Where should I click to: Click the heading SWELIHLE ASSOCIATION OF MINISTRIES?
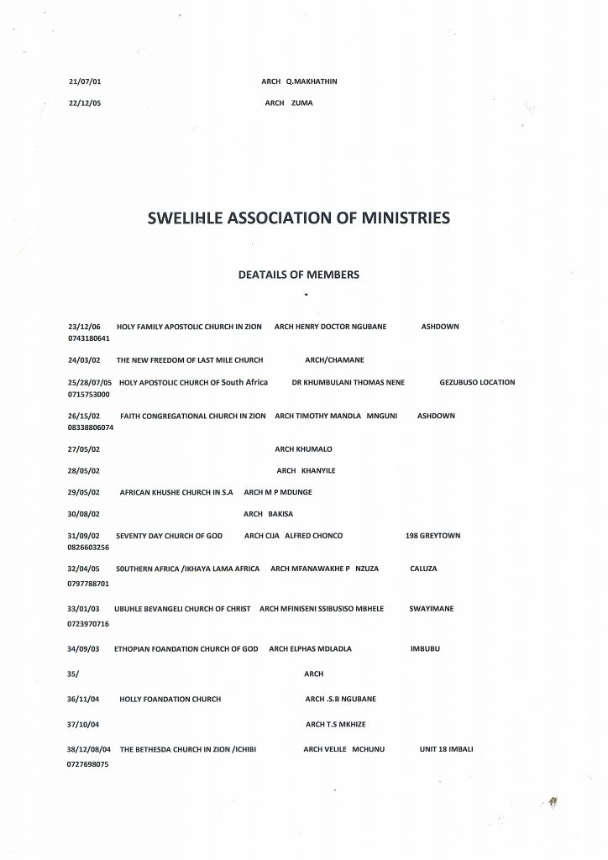point(298,219)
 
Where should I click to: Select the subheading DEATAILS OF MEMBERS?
point(299,275)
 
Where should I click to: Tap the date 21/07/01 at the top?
point(85,81)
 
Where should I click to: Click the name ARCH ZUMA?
point(288,103)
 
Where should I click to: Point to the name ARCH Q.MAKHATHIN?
point(299,81)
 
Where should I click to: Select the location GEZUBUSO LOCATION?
point(477,382)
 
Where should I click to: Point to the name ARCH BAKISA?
point(268,513)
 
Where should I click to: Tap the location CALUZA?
point(423,569)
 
